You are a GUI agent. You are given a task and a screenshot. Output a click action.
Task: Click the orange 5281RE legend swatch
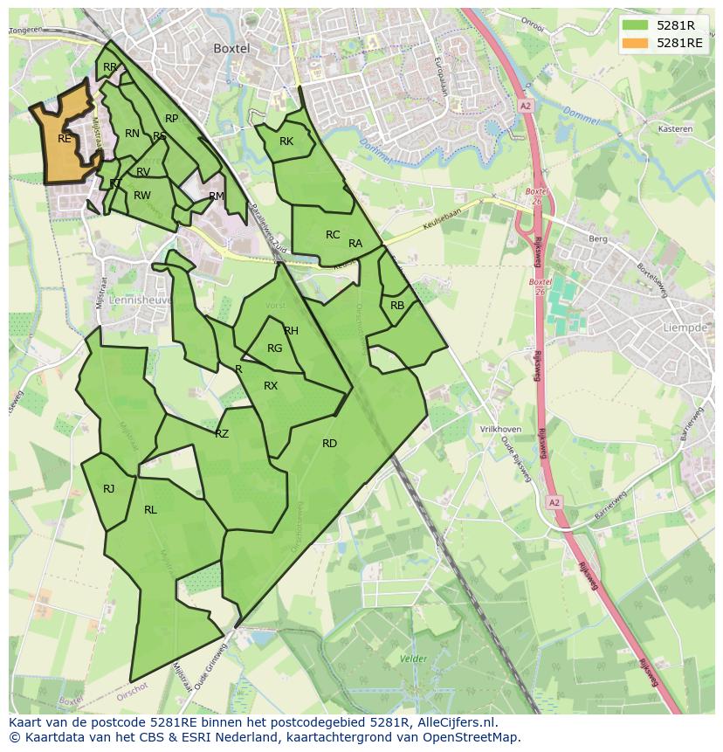[637, 43]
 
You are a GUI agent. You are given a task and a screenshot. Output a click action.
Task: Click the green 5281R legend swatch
[637, 25]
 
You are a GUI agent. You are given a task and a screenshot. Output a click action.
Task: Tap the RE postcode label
[65, 139]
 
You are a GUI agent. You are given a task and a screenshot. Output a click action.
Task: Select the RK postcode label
[286, 141]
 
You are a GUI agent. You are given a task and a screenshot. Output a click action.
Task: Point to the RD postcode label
[329, 444]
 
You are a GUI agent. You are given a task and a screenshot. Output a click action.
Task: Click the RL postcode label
[150, 510]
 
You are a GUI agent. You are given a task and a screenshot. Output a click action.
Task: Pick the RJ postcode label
[108, 489]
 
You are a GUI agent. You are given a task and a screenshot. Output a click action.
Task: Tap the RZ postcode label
[222, 434]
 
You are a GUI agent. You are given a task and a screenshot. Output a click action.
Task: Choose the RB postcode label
[397, 306]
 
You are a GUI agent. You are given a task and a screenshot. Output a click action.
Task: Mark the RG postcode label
[275, 348]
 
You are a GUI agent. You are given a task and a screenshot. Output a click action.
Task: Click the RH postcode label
[292, 331]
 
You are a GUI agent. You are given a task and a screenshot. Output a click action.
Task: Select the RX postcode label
[271, 386]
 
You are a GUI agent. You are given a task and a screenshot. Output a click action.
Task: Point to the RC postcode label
[333, 235]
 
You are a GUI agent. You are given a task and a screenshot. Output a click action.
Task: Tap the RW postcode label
[142, 196]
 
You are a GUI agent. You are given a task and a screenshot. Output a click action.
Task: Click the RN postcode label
[132, 134]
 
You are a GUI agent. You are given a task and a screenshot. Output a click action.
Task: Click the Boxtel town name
[231, 49]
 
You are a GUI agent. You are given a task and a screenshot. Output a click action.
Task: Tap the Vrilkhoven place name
[500, 430]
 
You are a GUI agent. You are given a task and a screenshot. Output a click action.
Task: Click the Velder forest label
[413, 659]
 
